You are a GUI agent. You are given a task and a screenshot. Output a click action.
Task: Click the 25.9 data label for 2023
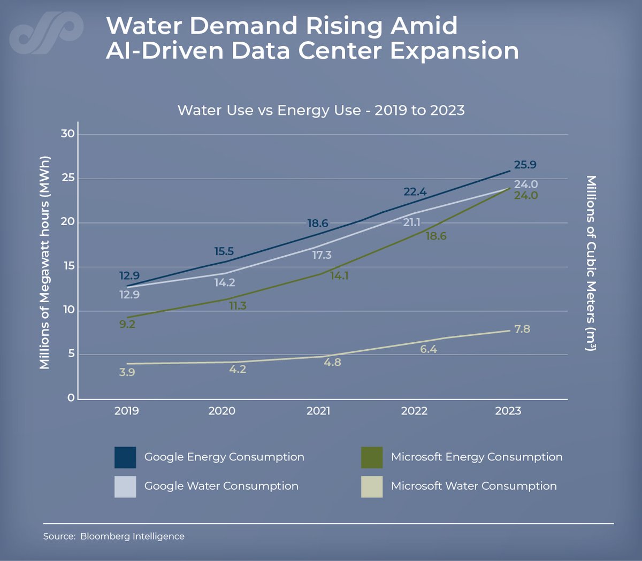point(525,165)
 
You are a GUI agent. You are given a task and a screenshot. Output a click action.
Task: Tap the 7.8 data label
point(522,329)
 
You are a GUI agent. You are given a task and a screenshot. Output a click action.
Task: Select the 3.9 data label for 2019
point(127,372)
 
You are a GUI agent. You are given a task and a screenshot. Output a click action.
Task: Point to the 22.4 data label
point(415,192)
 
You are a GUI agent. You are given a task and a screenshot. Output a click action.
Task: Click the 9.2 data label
point(127,324)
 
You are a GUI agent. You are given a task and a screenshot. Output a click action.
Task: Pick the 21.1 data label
point(411,222)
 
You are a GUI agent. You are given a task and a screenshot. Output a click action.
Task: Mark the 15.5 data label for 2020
point(224,251)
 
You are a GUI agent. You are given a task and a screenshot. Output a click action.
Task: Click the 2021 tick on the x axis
point(318,411)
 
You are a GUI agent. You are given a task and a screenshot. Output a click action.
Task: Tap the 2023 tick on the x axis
point(508,411)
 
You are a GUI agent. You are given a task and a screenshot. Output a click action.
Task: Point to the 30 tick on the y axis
point(68,134)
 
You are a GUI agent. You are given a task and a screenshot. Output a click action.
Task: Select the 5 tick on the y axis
point(71,354)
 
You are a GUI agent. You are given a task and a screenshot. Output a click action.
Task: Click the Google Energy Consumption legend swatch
point(125,457)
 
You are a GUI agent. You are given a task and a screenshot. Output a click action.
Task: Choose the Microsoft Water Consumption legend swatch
point(372,487)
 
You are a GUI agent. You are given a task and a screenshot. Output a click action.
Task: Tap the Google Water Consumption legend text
point(221,486)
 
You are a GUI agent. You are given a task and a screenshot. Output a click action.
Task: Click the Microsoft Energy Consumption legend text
point(476,457)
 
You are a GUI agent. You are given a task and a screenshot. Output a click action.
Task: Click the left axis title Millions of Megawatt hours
point(44,263)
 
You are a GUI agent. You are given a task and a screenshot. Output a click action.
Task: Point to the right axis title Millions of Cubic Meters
point(591,263)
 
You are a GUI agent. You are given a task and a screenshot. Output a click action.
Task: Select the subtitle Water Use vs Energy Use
point(321,110)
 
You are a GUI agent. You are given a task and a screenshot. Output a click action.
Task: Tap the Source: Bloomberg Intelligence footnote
point(113,536)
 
